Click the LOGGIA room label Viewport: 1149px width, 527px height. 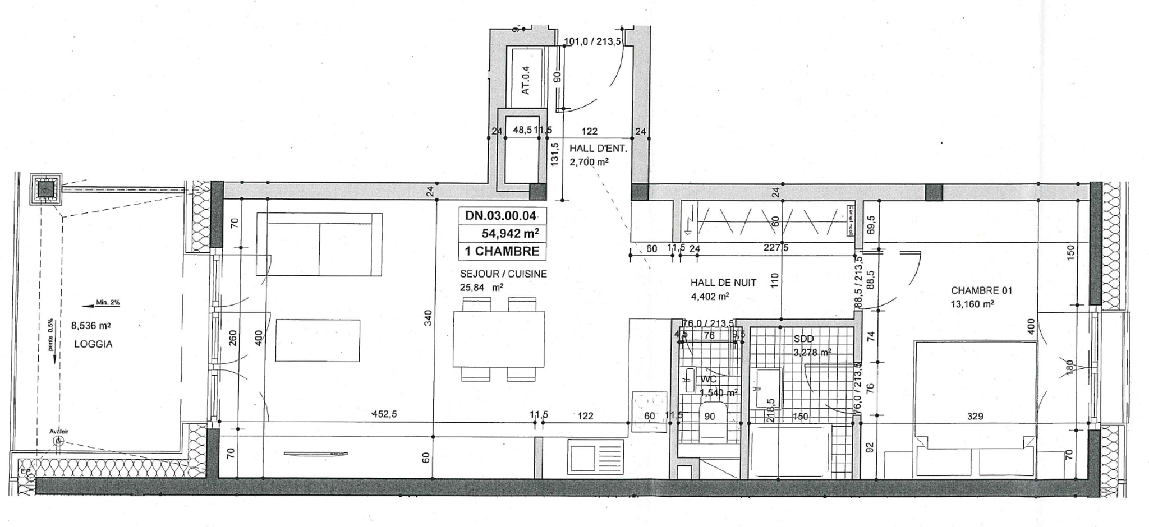[93, 344]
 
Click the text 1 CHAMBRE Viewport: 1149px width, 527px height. [502, 251]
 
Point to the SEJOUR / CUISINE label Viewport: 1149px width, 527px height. [503, 274]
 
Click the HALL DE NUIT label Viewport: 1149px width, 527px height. [723, 283]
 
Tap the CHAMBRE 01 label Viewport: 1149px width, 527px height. [981, 290]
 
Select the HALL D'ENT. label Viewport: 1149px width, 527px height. [598, 149]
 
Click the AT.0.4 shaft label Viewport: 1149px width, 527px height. [526, 80]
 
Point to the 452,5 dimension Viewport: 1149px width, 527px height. [384, 414]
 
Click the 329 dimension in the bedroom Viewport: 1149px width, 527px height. [975, 417]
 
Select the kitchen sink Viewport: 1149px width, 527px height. [595, 456]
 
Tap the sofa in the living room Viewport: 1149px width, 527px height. [319, 244]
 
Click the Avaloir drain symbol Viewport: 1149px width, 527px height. [58, 442]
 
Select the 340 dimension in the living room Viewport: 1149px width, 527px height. [428, 318]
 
